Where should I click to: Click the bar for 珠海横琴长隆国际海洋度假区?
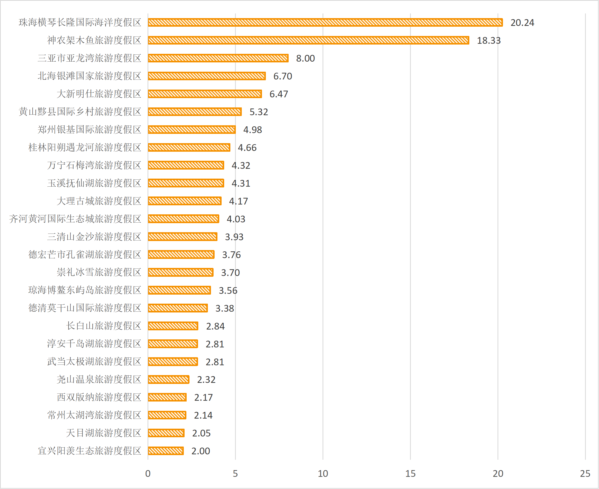(x=325, y=22)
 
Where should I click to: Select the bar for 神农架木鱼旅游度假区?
(x=308, y=40)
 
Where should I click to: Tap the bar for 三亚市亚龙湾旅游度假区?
(x=218, y=58)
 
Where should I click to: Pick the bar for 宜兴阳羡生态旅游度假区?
(x=166, y=451)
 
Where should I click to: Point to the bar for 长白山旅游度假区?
(x=173, y=326)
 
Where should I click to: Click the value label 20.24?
(x=522, y=23)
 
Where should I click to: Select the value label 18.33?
(x=489, y=41)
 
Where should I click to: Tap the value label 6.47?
(x=279, y=94)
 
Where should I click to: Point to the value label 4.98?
(x=252, y=130)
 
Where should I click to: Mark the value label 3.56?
(x=228, y=290)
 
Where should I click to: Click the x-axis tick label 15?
(x=410, y=473)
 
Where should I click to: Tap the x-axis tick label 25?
(x=585, y=473)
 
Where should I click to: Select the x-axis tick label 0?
(x=148, y=473)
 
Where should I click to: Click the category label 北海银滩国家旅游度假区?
(x=90, y=76)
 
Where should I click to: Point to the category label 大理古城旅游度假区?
(x=99, y=201)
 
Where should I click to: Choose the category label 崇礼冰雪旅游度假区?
(x=99, y=272)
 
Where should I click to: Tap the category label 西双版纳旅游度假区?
(x=99, y=397)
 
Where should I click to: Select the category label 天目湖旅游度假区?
(x=104, y=433)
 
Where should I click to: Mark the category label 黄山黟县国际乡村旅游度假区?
(x=80, y=112)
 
